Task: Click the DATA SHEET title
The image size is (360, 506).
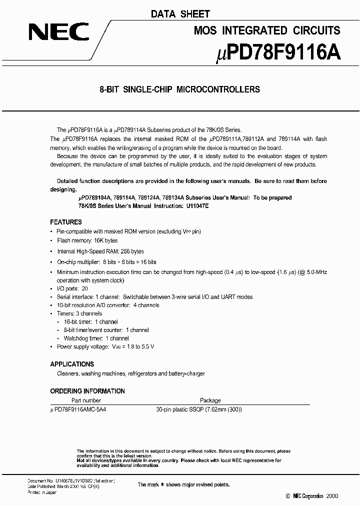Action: click(x=180, y=14)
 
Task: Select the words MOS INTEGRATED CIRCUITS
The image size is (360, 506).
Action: click(x=267, y=31)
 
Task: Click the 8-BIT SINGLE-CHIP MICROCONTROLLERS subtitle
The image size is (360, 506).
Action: click(x=180, y=90)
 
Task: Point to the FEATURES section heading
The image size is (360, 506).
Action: click(x=66, y=222)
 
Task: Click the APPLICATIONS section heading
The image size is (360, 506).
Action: click(x=72, y=364)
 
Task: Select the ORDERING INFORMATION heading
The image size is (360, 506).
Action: click(x=87, y=391)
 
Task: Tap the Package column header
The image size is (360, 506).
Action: click(x=210, y=400)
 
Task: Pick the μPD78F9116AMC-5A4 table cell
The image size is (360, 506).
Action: click(x=78, y=409)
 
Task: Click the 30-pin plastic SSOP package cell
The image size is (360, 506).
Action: click(x=199, y=409)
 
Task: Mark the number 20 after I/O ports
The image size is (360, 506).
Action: click(x=84, y=289)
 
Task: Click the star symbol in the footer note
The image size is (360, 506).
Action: click(x=163, y=484)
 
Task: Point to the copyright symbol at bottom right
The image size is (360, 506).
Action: click(x=287, y=496)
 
